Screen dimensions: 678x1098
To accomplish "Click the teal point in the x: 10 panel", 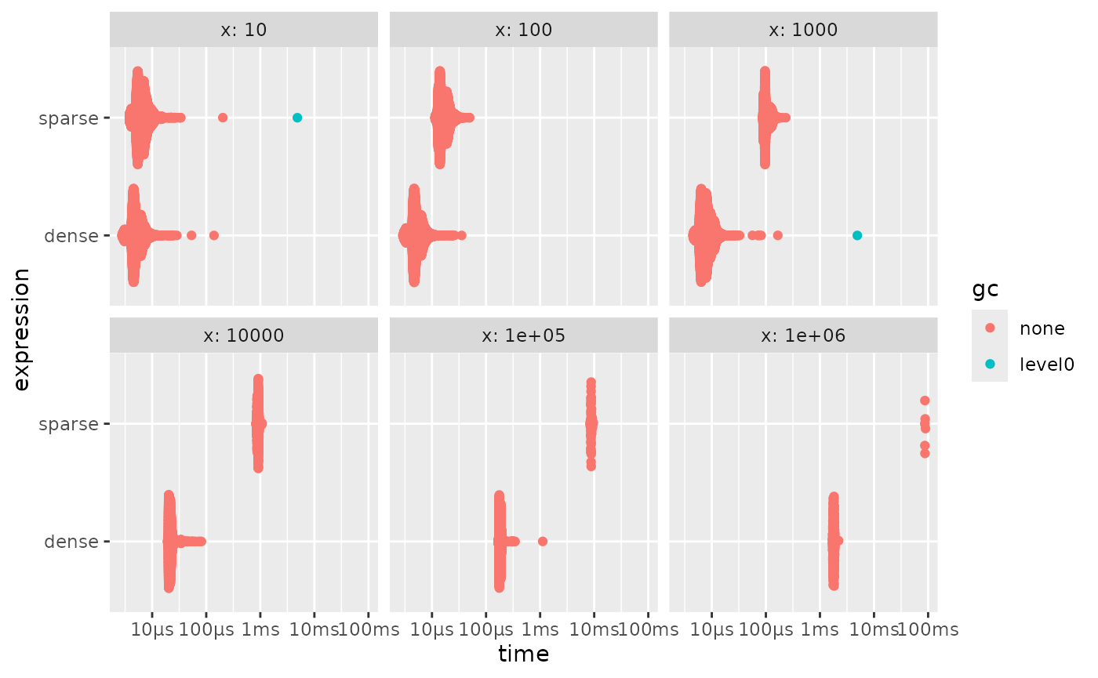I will click(297, 118).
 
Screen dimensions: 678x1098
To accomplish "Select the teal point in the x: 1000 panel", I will click(857, 235).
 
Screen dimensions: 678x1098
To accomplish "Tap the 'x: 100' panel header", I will click(523, 31).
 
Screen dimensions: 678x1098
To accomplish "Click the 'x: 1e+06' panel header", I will click(803, 335).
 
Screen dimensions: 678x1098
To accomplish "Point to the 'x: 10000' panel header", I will click(243, 335).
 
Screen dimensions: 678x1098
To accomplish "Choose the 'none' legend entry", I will click(1042, 328).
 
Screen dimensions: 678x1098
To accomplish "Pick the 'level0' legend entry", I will click(1046, 364).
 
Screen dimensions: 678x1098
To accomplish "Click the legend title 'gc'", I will click(985, 289).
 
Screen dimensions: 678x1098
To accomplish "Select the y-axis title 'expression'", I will click(21, 328).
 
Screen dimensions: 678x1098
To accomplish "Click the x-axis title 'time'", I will click(523, 654).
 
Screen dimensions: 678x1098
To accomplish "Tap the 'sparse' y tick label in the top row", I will click(69, 118).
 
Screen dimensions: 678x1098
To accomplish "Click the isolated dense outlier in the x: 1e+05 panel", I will click(543, 541).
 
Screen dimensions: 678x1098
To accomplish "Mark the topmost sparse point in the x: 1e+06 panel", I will click(925, 401).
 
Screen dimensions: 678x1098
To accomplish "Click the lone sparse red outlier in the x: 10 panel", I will click(223, 118).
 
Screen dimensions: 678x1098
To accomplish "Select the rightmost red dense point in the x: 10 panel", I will click(213, 235).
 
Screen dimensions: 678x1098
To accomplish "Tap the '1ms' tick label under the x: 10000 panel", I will click(260, 629).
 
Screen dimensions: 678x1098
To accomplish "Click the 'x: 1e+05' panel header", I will click(523, 335).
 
